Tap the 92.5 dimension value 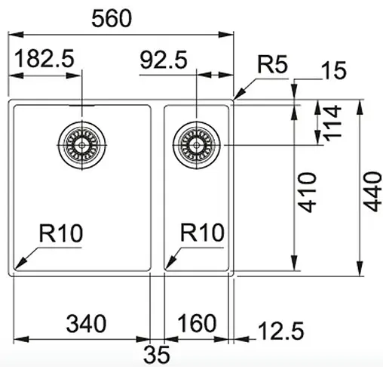pos(164,60)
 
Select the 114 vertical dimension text pos(332,122)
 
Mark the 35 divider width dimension pos(159,353)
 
